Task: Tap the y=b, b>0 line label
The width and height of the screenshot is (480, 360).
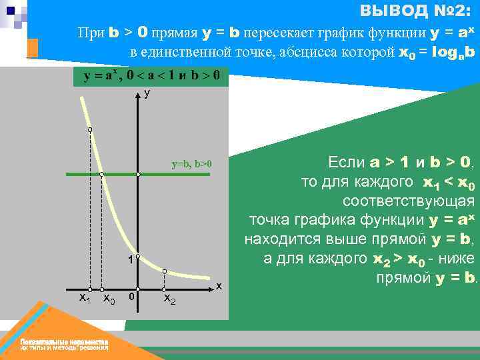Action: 191,163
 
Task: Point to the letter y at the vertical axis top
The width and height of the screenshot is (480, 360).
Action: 147,94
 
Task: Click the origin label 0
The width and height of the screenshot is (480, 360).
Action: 131,296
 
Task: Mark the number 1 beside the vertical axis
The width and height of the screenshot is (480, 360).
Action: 131,260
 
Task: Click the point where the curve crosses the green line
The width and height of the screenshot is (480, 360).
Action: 101,175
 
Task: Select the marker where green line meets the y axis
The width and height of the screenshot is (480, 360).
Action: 138,175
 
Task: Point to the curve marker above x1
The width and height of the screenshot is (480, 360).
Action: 90,130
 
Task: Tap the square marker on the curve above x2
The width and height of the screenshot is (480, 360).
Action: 165,271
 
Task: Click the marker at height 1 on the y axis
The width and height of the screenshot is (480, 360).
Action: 138,256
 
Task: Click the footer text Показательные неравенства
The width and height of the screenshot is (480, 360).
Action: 64,341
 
